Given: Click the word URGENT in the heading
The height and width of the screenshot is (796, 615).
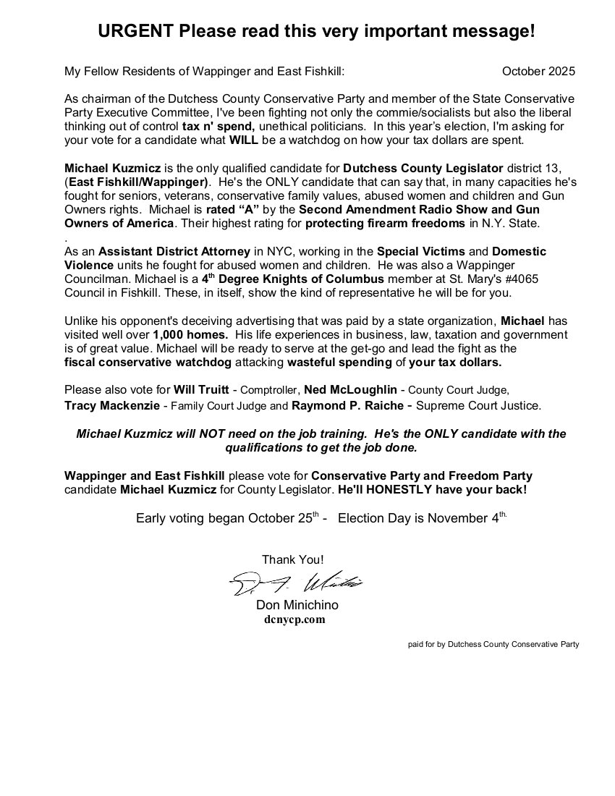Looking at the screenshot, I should point(135,32).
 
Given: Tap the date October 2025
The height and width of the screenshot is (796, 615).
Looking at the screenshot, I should point(538,71).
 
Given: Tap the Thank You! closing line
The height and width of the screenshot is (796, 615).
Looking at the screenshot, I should point(292,559).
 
